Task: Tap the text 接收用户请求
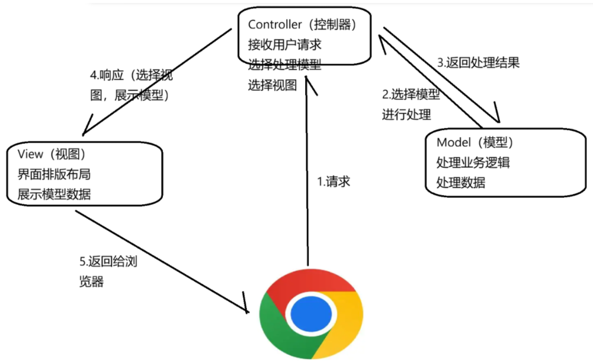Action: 284,45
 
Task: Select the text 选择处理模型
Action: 284,65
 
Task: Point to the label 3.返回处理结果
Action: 478,62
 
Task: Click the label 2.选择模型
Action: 411,94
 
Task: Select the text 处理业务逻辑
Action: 473,163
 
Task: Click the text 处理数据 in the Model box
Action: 460,182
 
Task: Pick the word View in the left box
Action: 31,154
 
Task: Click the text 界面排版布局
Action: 55,174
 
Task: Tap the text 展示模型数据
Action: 55,194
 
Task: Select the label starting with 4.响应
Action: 131,76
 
